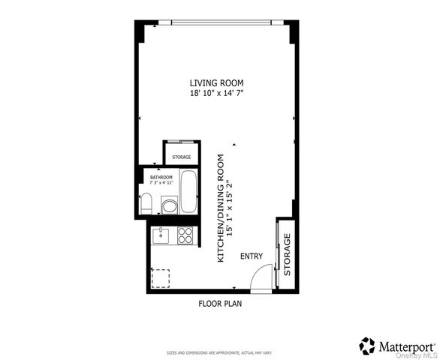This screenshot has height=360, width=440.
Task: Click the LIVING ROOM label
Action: pos(216,82)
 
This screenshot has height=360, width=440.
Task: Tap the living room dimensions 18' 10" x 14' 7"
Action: pos(216,92)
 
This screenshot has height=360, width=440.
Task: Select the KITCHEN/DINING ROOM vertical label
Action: pos(221,208)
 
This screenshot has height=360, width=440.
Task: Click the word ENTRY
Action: pos(252,256)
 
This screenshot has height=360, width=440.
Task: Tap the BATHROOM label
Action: pos(161,177)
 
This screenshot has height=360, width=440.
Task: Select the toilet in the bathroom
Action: pos(147,203)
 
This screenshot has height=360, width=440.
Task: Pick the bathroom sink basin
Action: pos(170,205)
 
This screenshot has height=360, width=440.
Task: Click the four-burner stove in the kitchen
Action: pos(185,236)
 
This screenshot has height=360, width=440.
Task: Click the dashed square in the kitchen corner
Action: pos(161,279)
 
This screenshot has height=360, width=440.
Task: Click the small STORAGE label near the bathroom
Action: pos(181,157)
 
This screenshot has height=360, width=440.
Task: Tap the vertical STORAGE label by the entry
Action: pos(287,255)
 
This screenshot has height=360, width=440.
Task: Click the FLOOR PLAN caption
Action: pos(220,304)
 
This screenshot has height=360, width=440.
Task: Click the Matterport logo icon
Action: pos(367,345)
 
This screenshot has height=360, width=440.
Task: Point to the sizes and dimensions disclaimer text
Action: pos(219,352)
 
